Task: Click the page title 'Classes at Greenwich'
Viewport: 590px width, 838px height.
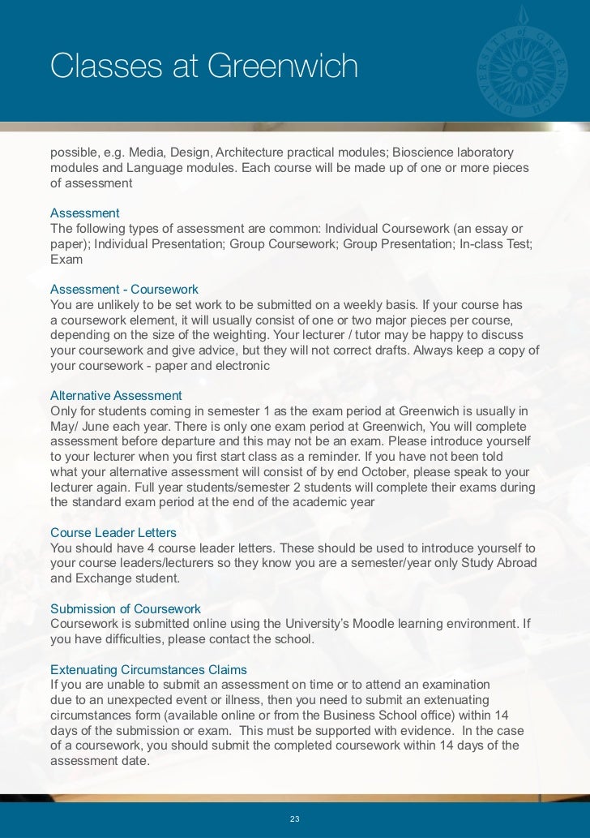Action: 203,67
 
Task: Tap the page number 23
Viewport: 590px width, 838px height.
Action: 295,819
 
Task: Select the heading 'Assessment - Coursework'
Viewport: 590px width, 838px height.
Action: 124,290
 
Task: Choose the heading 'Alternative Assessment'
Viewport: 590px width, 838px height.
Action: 116,396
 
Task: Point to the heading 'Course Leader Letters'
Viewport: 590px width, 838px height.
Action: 113,533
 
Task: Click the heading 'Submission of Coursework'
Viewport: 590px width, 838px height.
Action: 126,608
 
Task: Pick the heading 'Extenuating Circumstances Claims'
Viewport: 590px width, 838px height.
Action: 148,670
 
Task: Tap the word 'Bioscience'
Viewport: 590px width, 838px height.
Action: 422,153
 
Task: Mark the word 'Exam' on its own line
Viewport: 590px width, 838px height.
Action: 66,260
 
